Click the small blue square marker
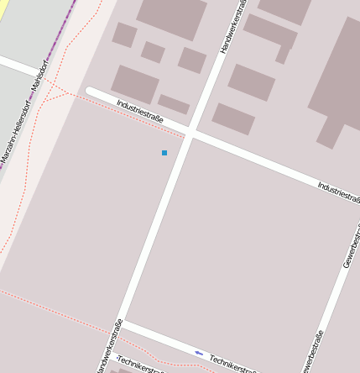tap(164, 153)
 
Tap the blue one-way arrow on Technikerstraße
tap(199, 353)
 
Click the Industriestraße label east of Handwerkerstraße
tap(339, 192)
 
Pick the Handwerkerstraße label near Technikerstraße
tap(110, 347)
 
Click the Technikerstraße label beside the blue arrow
tap(232, 364)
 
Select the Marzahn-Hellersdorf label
tap(14, 135)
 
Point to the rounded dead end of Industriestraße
tap(91, 92)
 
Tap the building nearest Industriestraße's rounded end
tap(134, 83)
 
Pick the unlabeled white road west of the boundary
tap(17, 66)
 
